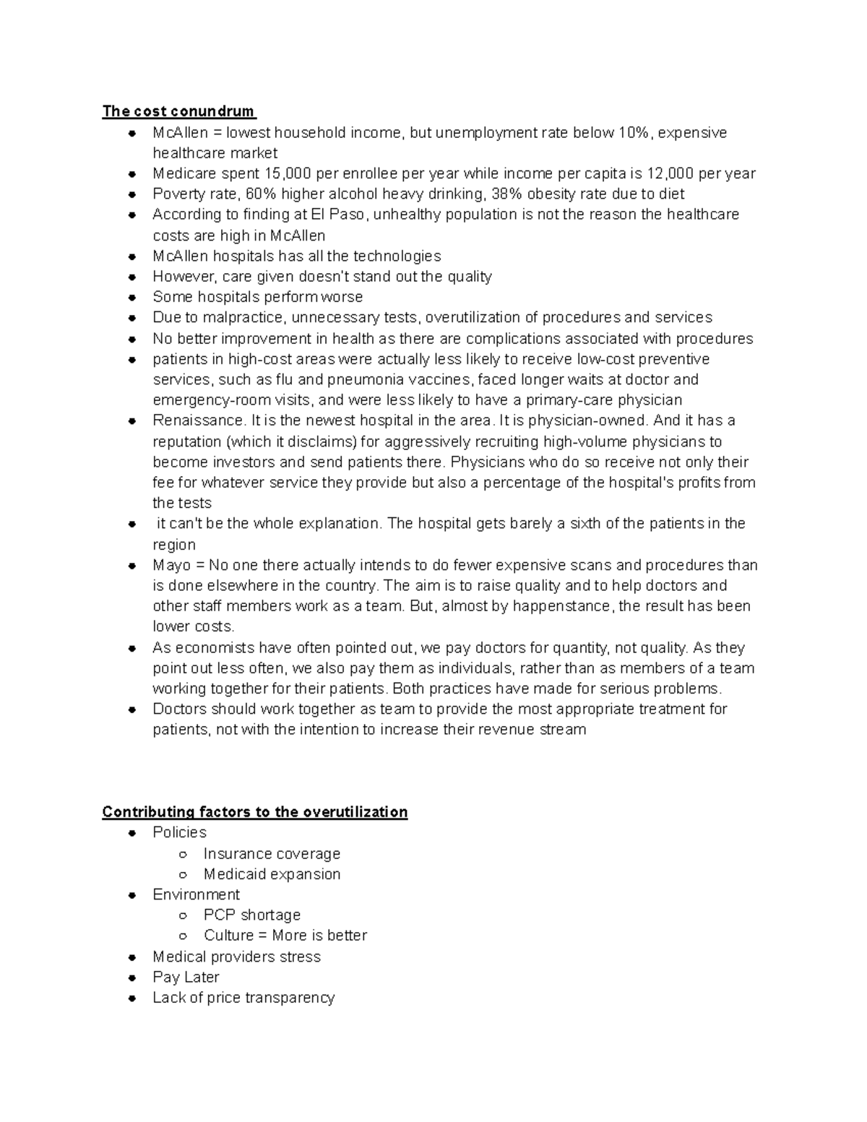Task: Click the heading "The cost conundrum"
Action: point(178,111)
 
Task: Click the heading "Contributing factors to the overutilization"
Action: point(254,812)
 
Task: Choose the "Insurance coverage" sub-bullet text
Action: point(272,854)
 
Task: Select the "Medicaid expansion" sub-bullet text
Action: point(272,874)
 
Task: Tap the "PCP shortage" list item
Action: point(251,915)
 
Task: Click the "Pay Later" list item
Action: point(186,978)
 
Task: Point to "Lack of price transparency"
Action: point(243,998)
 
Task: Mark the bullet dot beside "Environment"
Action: point(132,895)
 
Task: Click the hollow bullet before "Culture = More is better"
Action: point(184,936)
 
